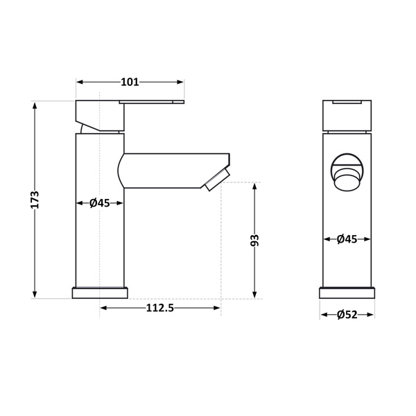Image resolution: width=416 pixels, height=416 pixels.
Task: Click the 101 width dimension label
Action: [130, 82]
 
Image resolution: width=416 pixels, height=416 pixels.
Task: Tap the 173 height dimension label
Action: [35, 200]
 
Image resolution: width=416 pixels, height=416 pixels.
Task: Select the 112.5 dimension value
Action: [160, 308]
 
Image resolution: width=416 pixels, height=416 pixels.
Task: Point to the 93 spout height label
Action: [254, 241]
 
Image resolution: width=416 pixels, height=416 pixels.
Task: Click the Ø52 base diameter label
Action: [347, 315]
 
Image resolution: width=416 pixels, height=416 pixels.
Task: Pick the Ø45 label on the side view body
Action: [99, 203]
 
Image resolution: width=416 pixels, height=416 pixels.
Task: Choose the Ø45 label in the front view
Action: [347, 239]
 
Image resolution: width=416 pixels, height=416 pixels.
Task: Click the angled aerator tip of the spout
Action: [217, 180]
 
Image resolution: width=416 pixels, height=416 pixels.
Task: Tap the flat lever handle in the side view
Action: [151, 102]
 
